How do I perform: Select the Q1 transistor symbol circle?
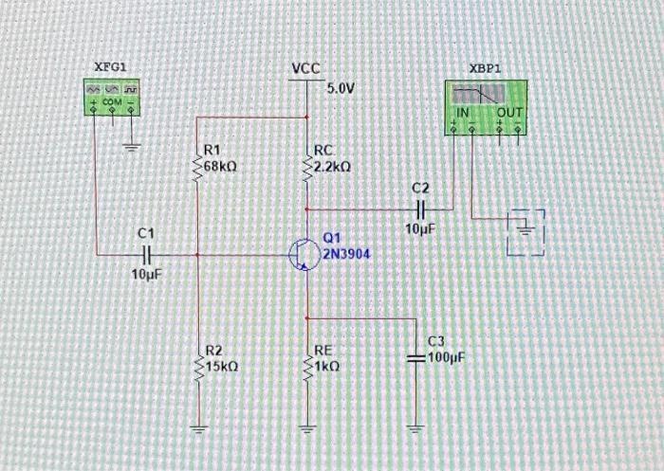click(x=302, y=254)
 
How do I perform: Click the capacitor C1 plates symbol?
click(x=145, y=254)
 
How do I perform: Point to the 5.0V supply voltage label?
click(x=341, y=88)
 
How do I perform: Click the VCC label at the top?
click(x=305, y=69)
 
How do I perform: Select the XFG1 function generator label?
click(x=110, y=66)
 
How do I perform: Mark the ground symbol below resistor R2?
click(x=199, y=426)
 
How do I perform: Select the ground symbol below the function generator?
click(x=132, y=146)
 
